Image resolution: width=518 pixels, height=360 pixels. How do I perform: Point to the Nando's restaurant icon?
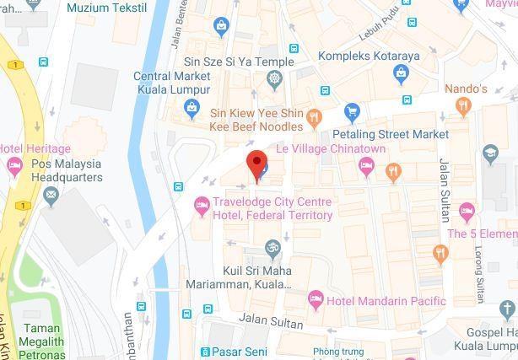click(461, 106)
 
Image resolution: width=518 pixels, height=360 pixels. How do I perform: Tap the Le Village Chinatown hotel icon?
click(366, 164)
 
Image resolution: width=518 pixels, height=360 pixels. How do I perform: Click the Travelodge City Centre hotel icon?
click(202, 203)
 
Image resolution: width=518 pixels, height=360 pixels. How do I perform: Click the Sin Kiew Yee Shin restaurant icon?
click(315, 117)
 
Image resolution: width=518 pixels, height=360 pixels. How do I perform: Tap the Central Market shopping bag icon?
click(192, 107)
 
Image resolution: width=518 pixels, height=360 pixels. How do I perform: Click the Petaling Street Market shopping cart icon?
click(352, 111)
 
